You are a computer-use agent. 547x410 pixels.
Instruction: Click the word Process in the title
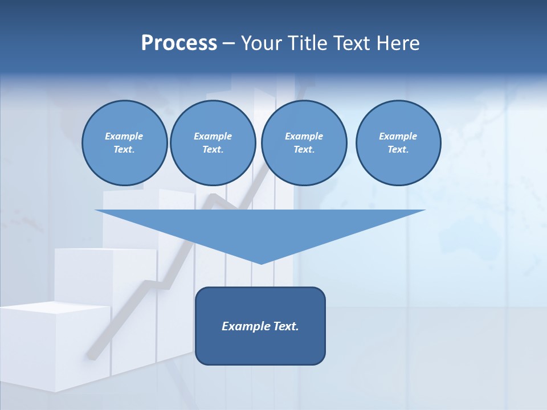[179, 43]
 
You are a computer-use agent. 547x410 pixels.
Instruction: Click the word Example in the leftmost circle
[124, 136]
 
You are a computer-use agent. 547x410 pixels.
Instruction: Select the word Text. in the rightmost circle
[398, 150]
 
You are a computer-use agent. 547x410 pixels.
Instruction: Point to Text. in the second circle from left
[213, 150]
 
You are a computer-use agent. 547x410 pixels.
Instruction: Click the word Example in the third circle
[304, 136]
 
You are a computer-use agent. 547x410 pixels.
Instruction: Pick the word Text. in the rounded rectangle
[285, 326]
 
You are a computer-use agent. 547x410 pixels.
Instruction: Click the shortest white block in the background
[54, 347]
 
